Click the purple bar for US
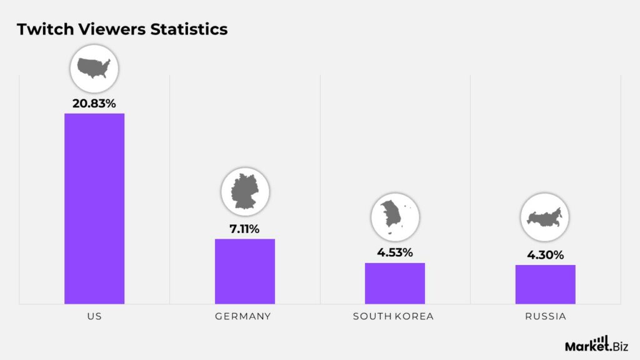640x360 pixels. [x=94, y=208]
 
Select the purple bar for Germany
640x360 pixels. [x=244, y=271]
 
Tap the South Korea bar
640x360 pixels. [x=395, y=283]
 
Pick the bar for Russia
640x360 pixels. [x=545, y=284]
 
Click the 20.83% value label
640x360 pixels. [x=94, y=104]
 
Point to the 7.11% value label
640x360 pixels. [x=244, y=229]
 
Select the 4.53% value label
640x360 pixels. [x=394, y=253]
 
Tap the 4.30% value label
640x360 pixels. [x=545, y=255]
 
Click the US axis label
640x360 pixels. [x=94, y=316]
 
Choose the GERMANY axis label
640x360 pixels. [x=243, y=316]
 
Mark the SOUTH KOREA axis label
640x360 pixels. [x=393, y=316]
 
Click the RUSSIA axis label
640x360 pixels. [x=545, y=316]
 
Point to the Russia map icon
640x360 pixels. [x=545, y=218]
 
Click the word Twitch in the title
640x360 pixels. [x=39, y=29]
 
